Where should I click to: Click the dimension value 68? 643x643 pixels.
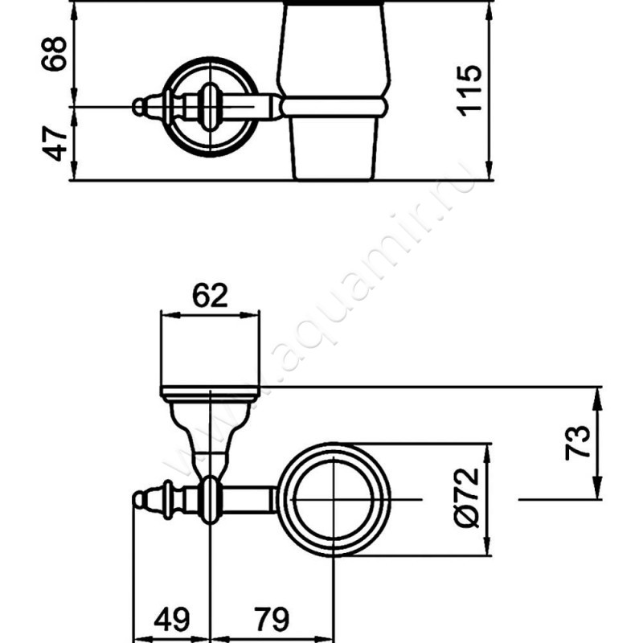click(x=55, y=53)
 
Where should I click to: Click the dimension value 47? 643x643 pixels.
click(x=55, y=143)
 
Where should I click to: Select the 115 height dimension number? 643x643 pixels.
click(x=472, y=90)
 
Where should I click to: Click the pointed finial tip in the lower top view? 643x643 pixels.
click(x=134, y=500)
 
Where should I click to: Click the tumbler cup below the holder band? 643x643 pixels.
click(x=332, y=145)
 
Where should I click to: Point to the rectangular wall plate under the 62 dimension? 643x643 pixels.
click(x=210, y=352)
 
